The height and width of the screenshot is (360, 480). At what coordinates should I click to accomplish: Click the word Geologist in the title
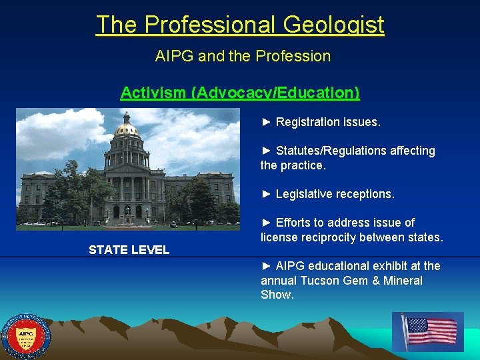pyautogui.click(x=333, y=25)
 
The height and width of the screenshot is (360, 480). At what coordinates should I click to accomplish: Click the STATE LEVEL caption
pyautogui.click(x=129, y=250)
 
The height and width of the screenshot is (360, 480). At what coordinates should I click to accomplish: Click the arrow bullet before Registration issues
pyautogui.click(x=266, y=122)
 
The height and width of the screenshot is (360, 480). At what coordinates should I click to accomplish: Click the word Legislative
pyautogui.click(x=306, y=194)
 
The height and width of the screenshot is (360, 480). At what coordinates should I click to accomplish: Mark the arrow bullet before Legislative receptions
pyautogui.click(x=266, y=194)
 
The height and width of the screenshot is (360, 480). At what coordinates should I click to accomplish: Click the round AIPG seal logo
pyautogui.click(x=26, y=337)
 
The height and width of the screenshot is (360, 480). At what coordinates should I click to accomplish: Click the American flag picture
pyautogui.click(x=428, y=331)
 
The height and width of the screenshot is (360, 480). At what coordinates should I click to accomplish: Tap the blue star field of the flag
pyautogui.click(x=417, y=325)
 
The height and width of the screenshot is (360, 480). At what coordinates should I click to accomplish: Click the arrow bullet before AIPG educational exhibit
pyautogui.click(x=266, y=266)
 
